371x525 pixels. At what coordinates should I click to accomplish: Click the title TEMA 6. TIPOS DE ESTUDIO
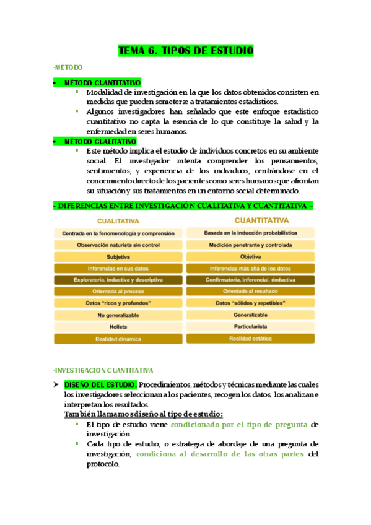click(x=185, y=51)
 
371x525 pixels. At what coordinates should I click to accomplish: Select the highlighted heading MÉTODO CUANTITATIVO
click(x=102, y=83)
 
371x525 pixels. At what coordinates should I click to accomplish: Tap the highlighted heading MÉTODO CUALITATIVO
click(x=100, y=142)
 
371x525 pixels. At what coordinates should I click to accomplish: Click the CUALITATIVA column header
click(x=116, y=220)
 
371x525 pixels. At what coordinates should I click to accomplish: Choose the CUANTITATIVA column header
click(x=250, y=220)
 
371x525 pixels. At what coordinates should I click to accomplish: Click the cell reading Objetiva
click(x=250, y=256)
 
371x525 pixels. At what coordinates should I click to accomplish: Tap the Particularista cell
click(x=250, y=327)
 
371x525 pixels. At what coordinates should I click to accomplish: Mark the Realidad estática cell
click(x=250, y=339)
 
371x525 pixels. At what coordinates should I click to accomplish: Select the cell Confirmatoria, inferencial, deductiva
click(x=250, y=280)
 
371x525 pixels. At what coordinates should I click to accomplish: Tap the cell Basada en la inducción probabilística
click(x=250, y=233)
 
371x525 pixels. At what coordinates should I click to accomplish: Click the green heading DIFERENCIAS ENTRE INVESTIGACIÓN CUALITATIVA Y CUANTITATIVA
click(x=185, y=206)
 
